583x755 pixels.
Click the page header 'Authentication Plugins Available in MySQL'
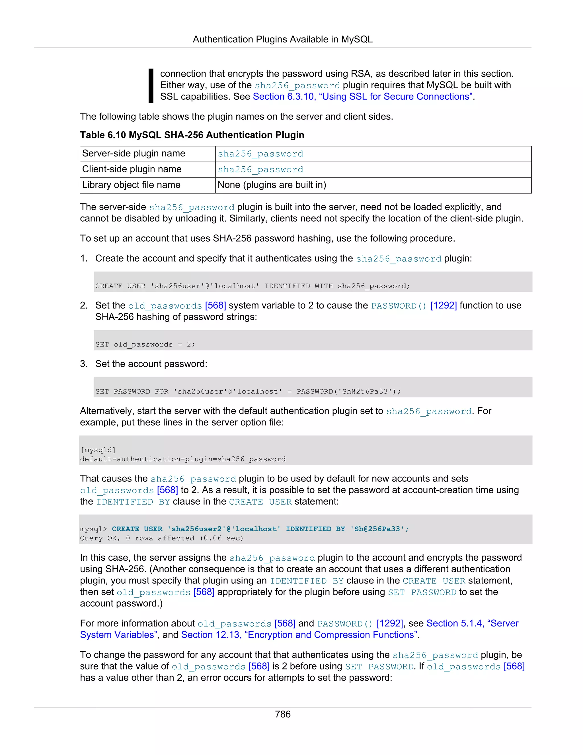pos(282,39)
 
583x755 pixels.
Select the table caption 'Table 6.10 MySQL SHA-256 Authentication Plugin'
pos(192,135)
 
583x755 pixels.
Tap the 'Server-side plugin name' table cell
pos(134,154)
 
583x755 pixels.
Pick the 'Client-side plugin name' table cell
pos(132,169)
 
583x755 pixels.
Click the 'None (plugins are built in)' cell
pos(272,185)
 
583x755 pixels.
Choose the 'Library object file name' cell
pos(131,185)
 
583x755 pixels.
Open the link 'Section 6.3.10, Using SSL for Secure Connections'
pos(363,97)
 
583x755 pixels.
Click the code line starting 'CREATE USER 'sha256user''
pos(253,286)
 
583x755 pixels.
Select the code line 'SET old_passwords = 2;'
pos(145,344)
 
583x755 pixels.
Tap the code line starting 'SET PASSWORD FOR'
pos(248,391)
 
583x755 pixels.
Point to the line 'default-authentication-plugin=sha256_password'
pos(183,459)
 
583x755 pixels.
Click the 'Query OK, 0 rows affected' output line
pos(162,538)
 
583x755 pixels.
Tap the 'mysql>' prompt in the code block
pos(93,529)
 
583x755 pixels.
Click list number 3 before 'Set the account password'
pos(84,364)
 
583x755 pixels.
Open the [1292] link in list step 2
pos(444,306)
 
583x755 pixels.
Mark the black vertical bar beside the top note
pos(151,85)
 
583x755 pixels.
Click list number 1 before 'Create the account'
pos(84,259)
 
